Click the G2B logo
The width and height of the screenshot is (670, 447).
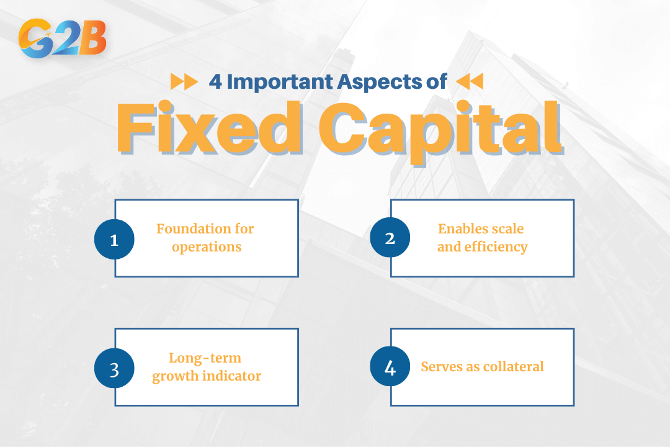point(63,38)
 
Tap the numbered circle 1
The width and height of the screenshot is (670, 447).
point(114,239)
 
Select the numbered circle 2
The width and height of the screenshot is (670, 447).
point(390,238)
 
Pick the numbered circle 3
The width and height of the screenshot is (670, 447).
point(114,368)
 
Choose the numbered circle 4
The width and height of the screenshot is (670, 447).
point(390,368)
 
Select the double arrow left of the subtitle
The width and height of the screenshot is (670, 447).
point(184,81)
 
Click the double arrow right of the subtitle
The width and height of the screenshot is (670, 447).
point(469,81)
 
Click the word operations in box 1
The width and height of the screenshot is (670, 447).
point(207,246)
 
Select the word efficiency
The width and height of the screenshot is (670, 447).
point(496,246)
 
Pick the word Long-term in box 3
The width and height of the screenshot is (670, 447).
point(205,358)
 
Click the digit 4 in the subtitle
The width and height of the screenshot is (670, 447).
point(215,82)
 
